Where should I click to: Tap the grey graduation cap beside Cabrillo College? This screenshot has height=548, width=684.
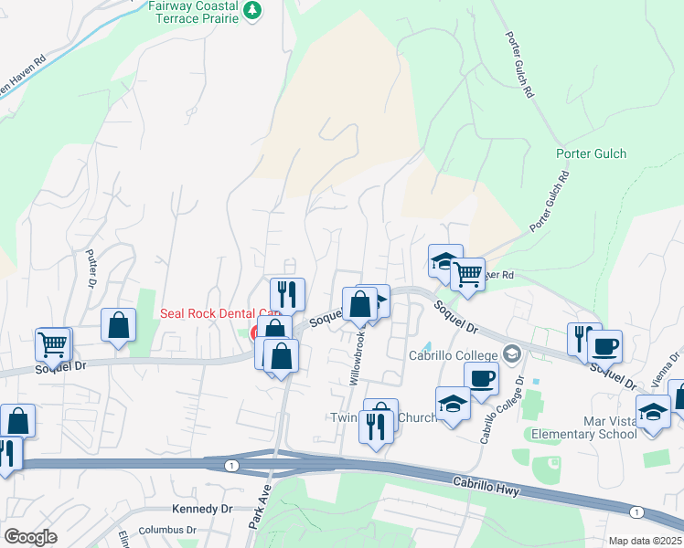point(513,353)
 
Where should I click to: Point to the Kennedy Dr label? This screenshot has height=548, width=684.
point(200,509)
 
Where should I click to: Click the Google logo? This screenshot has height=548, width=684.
point(31,537)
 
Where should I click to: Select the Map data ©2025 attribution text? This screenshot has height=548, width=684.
point(644,541)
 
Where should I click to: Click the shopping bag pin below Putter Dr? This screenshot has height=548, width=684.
point(119,325)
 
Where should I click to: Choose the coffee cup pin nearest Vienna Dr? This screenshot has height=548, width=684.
point(604,347)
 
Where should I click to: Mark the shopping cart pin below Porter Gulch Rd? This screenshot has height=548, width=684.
point(467,273)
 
